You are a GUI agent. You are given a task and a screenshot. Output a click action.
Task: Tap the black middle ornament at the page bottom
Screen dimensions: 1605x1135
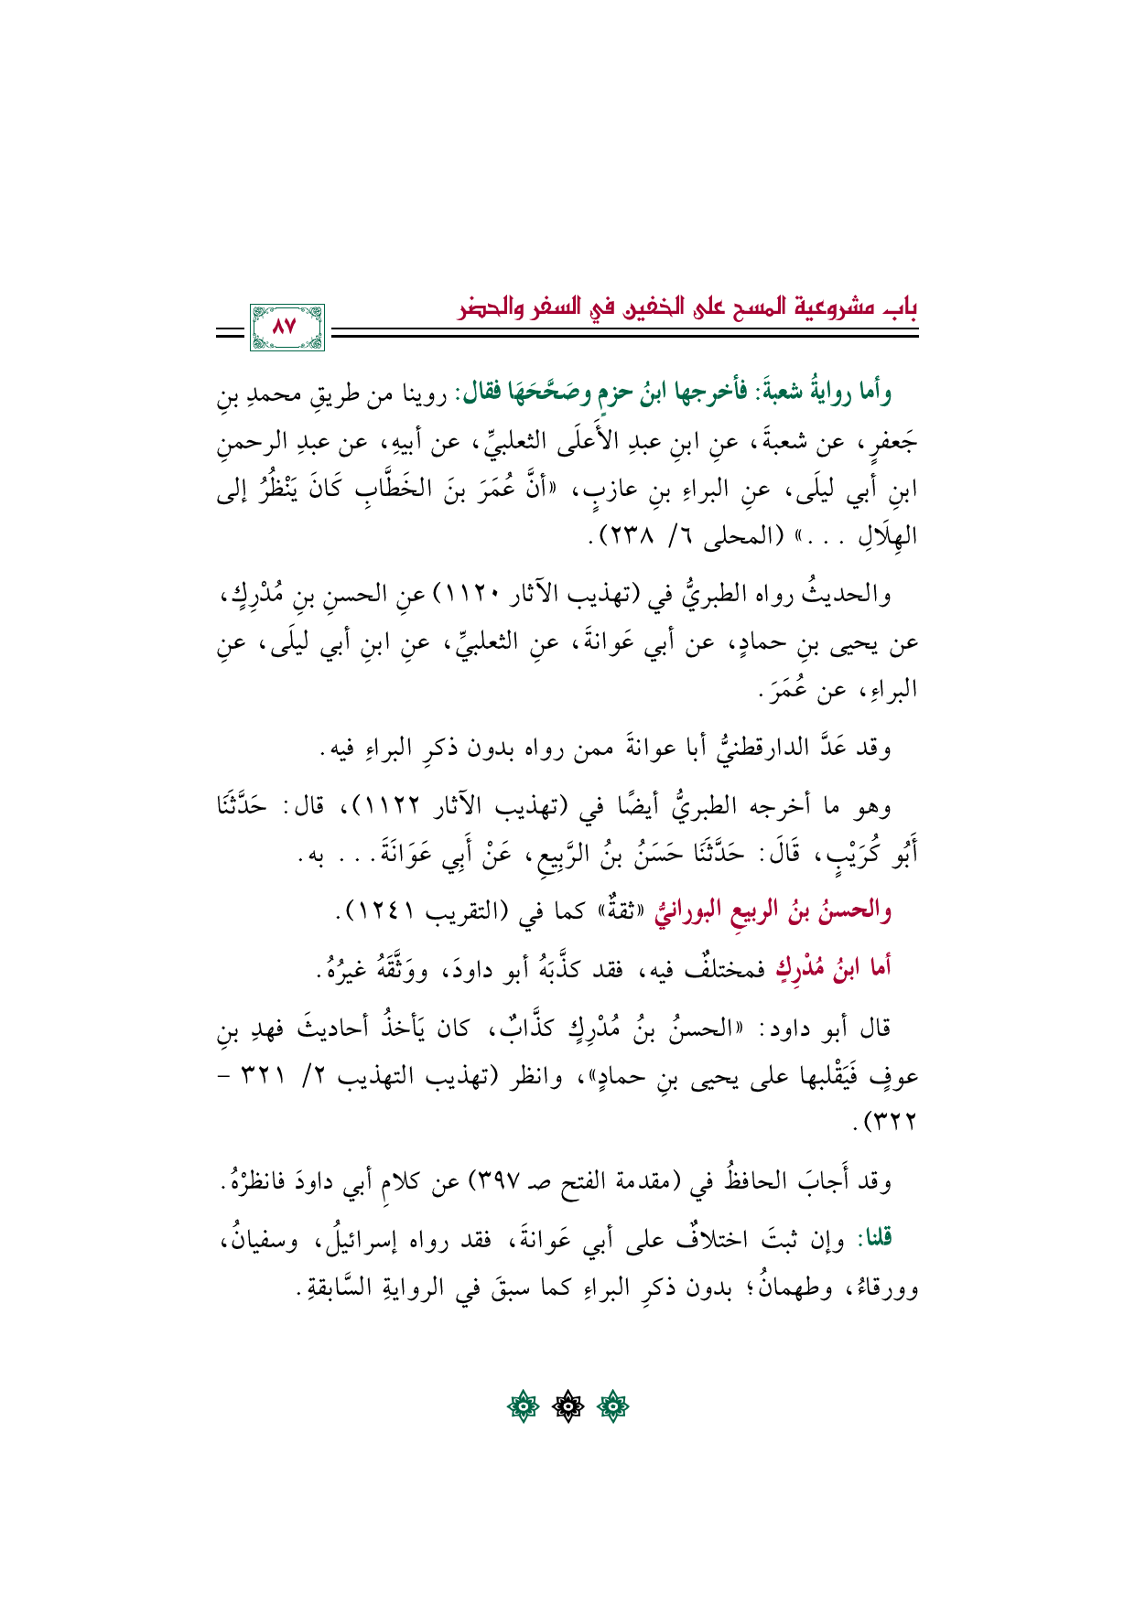tap(567, 1405)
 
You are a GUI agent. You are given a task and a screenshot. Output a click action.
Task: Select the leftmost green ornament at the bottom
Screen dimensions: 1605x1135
tap(524, 1405)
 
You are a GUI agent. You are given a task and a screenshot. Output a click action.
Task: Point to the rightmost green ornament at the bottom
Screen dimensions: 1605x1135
tap(612, 1405)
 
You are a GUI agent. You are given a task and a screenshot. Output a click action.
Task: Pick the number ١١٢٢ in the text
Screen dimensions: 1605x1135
tap(399, 807)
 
